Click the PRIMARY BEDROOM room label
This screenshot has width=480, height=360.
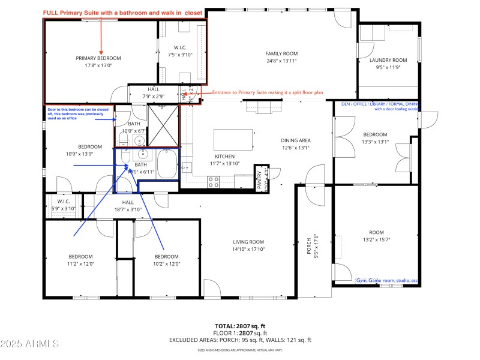(98, 58)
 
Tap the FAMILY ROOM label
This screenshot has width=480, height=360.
(281, 53)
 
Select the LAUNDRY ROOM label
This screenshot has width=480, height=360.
(388, 60)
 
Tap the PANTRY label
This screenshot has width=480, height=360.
(260, 178)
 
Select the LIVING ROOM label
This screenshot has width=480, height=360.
(248, 242)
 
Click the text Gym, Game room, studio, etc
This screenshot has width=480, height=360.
(386, 280)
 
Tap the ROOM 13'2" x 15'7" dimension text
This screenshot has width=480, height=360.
(376, 239)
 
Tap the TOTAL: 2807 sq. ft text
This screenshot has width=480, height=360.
(240, 325)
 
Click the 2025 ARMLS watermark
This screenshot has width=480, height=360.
(30, 344)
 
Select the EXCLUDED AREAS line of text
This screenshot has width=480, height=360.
(240, 340)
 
